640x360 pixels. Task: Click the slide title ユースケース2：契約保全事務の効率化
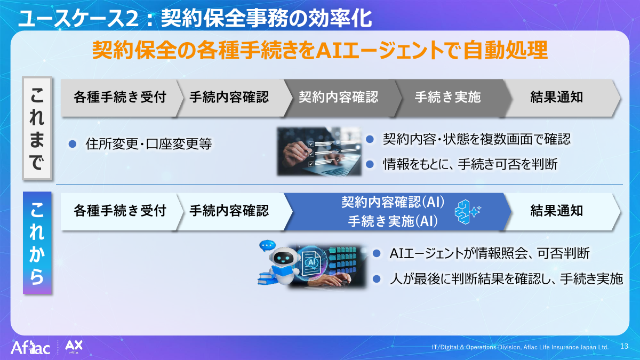point(195,19)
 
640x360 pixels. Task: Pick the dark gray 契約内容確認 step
point(338,97)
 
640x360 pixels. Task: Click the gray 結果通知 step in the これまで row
point(557,97)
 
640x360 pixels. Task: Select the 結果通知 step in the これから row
point(557,211)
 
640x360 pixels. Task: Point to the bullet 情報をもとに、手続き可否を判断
point(470,164)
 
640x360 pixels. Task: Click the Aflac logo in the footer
point(30,349)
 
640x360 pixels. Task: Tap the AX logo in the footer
point(73,347)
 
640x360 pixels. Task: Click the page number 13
point(624,347)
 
